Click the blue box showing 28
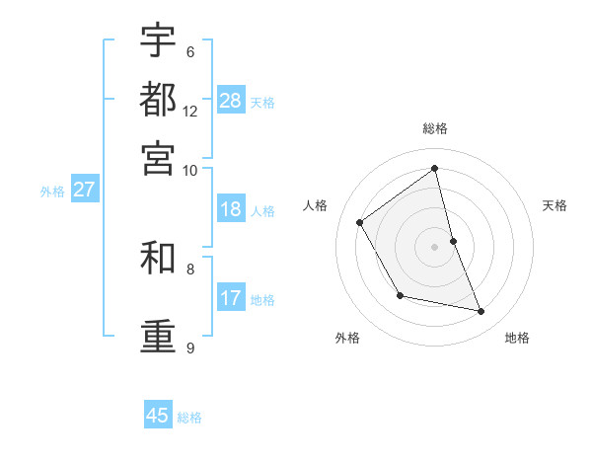[x=231, y=101]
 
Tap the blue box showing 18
[x=231, y=209]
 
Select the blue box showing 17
[x=231, y=298]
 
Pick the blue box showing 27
[x=84, y=190]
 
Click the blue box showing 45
[x=158, y=416]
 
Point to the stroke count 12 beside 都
[x=190, y=112]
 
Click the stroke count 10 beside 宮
[x=190, y=170]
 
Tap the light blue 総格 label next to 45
[x=189, y=418]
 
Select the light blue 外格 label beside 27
[x=52, y=192]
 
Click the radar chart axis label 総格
[x=435, y=128]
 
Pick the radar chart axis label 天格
[x=555, y=205]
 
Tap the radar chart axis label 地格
[x=517, y=338]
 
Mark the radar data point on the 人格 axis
[x=360, y=222]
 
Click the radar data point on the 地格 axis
[x=481, y=312]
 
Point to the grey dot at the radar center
[x=435, y=247]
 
